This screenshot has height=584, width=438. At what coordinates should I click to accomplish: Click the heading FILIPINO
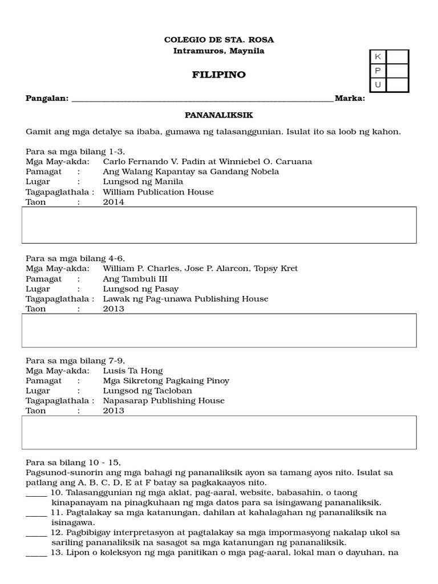pos(218,75)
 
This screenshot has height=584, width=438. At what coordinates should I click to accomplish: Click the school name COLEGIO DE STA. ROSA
pos(218,39)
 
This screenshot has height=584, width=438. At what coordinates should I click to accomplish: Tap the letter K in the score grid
pos(378,56)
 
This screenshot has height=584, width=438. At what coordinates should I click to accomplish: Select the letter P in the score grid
pos(378,71)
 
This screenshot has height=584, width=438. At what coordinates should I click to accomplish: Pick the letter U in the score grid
pos(378,85)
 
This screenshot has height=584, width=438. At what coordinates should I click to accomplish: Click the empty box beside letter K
pos(398,56)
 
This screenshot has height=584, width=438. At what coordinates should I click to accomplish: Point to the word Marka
pos(350,98)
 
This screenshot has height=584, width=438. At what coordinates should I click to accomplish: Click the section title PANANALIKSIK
pos(218,115)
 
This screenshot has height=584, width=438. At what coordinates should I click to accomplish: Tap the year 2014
pos(113,202)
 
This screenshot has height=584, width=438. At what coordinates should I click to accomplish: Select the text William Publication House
pos(158,192)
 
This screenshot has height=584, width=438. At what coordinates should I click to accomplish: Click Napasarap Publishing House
pos(164,400)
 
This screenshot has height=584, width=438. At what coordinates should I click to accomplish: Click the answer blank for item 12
pos(36,532)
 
